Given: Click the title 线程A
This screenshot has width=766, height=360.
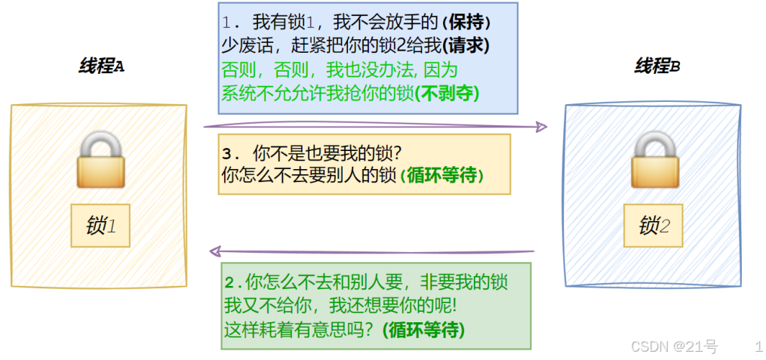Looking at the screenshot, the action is pyautogui.click(x=101, y=66).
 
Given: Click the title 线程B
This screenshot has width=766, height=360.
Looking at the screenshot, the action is pyautogui.click(x=657, y=66).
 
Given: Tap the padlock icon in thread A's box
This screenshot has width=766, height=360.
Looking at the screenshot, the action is pyautogui.click(x=100, y=159).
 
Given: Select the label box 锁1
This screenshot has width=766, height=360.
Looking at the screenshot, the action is pyautogui.click(x=100, y=226).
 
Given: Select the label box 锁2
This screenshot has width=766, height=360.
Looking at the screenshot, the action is pyautogui.click(x=654, y=226).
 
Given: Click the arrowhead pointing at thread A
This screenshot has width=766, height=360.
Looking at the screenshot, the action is pyautogui.click(x=215, y=251).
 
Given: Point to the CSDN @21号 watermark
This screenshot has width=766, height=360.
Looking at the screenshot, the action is pyautogui.click(x=674, y=346).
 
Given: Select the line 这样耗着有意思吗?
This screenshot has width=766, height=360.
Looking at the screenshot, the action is pyautogui.click(x=301, y=330).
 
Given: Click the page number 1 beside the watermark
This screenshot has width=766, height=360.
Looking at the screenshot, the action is pyautogui.click(x=758, y=346).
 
